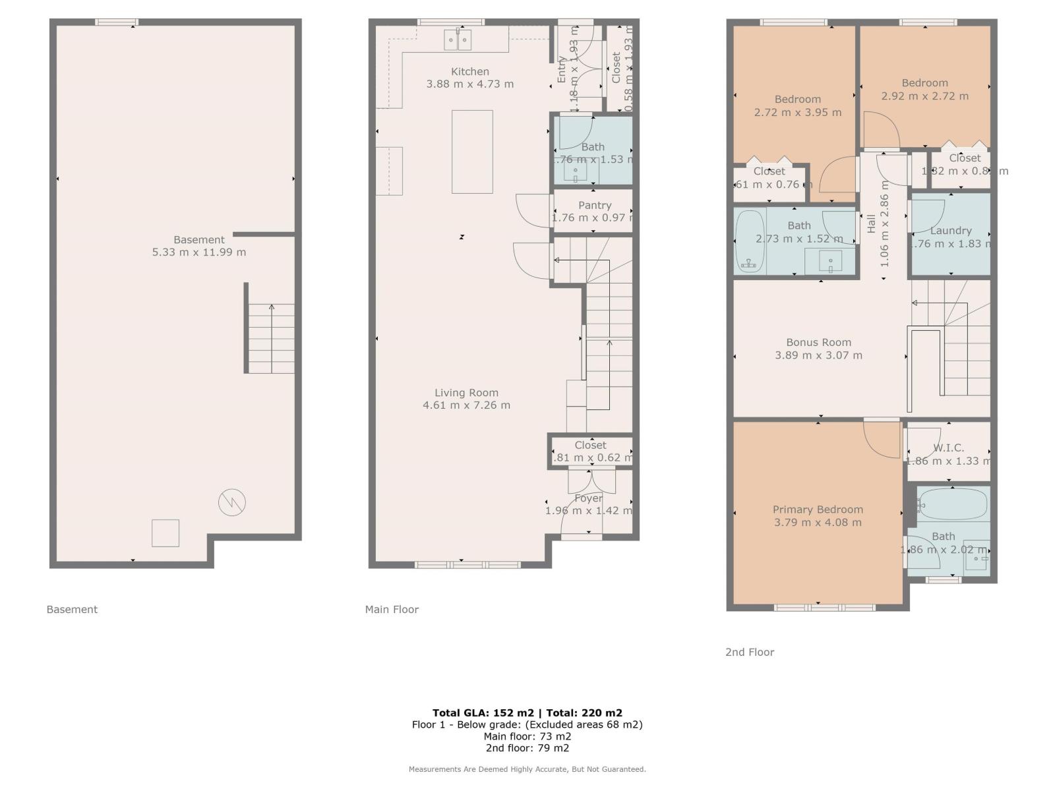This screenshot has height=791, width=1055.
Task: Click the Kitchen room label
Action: click(x=469, y=71)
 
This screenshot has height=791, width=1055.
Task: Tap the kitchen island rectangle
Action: click(x=472, y=152)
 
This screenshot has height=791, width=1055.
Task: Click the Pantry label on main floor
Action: click(x=594, y=206)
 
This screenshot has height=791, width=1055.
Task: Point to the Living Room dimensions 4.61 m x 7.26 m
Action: click(x=466, y=405)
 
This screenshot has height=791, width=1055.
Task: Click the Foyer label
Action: click(x=588, y=498)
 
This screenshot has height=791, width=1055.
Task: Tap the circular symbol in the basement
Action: click(x=232, y=503)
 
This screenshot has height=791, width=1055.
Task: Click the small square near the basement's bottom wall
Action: click(x=166, y=533)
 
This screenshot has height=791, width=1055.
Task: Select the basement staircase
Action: click(x=271, y=338)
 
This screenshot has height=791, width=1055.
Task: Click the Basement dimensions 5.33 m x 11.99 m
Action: click(x=198, y=252)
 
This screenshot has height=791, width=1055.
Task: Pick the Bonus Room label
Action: click(x=818, y=342)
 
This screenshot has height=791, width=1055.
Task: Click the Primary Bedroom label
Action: click(x=818, y=510)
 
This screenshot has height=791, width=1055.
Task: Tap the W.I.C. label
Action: click(x=948, y=448)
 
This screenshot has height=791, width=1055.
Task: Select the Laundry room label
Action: click(x=950, y=231)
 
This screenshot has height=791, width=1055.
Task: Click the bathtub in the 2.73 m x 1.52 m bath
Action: click(x=749, y=242)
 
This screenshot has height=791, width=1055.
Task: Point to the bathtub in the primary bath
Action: click(x=953, y=504)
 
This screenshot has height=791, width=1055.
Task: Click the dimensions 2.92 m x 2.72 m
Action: click(x=924, y=96)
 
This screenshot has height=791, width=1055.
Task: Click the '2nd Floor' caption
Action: click(x=750, y=652)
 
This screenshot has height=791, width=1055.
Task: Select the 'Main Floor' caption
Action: click(x=392, y=609)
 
